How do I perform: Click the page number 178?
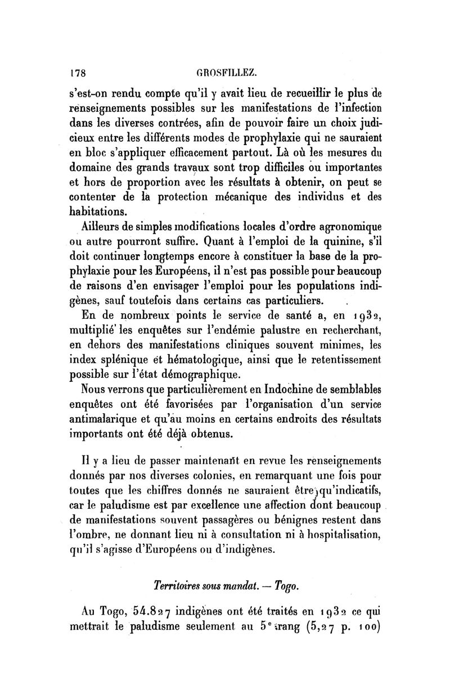(x=76, y=73)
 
